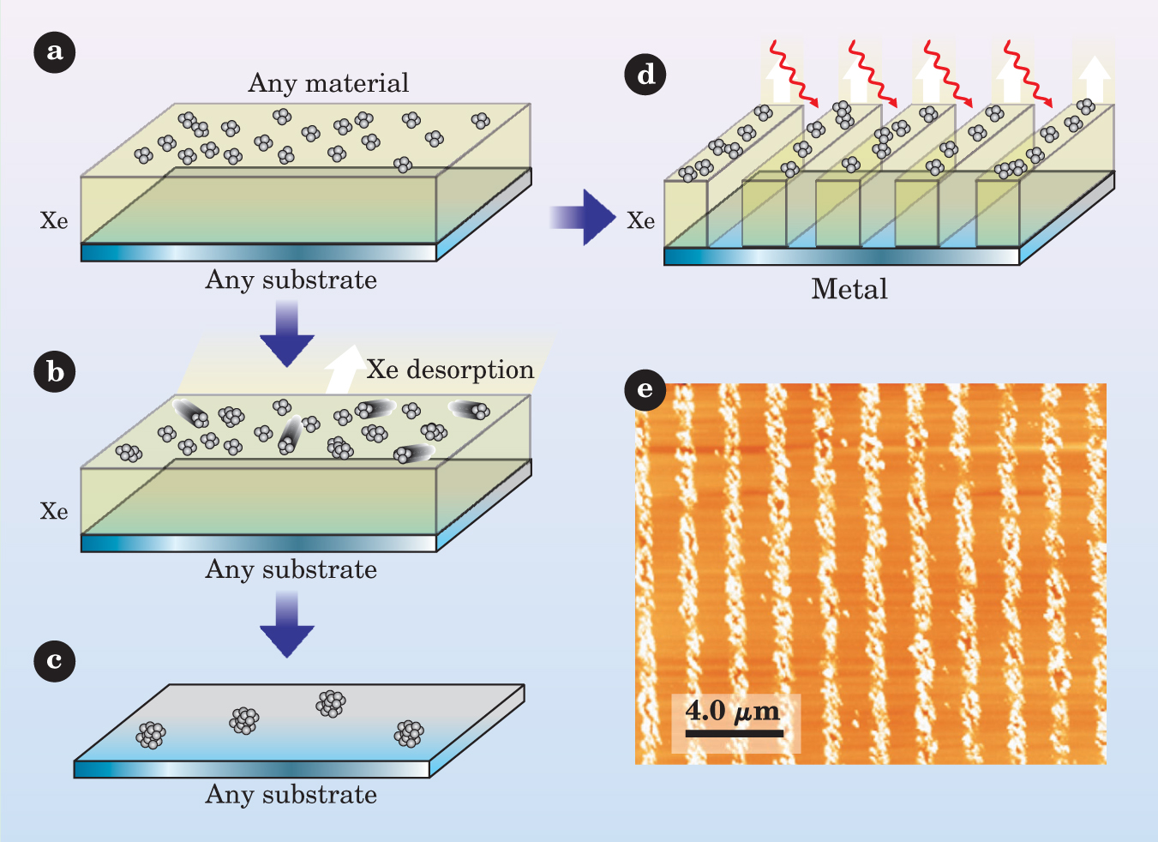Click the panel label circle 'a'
point(55,52)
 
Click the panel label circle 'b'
point(55,372)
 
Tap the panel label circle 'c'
point(55,661)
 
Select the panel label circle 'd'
point(645,74)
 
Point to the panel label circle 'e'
point(645,390)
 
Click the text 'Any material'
point(328,83)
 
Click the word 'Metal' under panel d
point(849,289)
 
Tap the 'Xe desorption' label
point(450,370)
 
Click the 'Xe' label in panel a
point(54,221)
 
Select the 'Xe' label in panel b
point(54,512)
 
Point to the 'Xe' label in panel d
point(641,221)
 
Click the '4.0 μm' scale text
point(733,711)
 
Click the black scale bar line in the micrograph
point(735,733)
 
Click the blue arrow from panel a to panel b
point(287,333)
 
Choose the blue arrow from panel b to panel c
point(287,623)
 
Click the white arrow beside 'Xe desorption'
point(345,368)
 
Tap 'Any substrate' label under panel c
point(291,795)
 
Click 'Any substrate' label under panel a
point(291,280)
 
